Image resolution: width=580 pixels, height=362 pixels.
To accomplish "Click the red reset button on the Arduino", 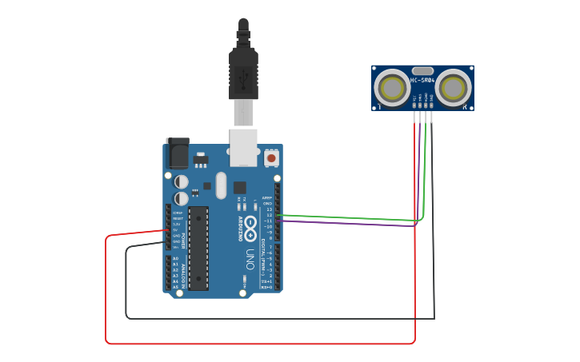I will coord(271,158).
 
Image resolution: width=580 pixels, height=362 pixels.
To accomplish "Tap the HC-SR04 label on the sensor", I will coord(422,81).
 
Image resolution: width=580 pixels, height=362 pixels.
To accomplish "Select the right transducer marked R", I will coord(454,87).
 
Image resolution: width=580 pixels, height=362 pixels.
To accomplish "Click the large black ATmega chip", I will coord(198,248).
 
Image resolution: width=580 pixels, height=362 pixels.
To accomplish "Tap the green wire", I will coord(352,217).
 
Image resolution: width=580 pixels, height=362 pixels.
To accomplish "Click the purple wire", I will coord(352,223).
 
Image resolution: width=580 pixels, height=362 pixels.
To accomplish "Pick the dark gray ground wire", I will coord(280,318).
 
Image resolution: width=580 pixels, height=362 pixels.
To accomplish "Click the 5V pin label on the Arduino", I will coord(176,229).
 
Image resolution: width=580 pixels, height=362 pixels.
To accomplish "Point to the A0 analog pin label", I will coord(176,259).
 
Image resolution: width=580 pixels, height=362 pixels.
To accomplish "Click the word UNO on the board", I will coord(250,261).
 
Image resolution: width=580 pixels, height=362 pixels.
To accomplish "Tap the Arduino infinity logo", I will coord(250,227).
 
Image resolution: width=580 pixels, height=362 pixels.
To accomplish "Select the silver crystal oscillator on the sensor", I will coord(423,71).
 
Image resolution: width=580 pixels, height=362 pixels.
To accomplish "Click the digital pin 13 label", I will coord(269,209).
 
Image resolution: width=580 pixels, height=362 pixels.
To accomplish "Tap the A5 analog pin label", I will coord(176,287).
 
